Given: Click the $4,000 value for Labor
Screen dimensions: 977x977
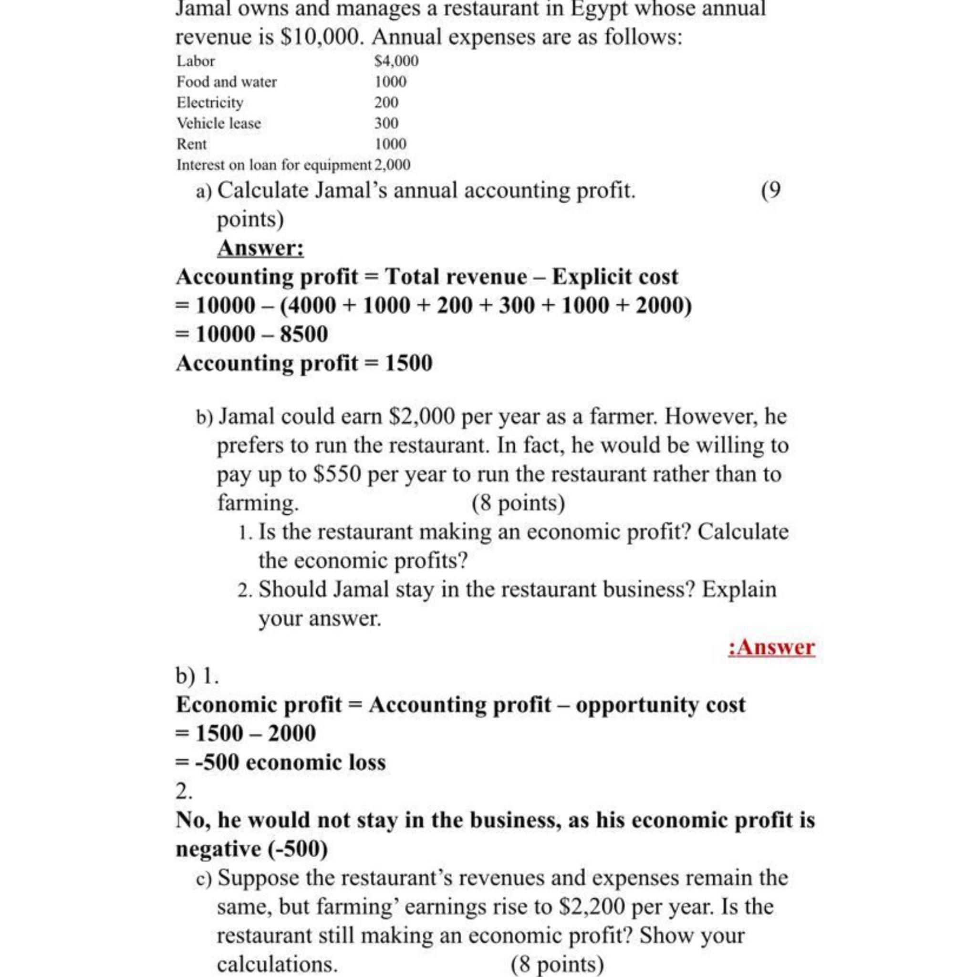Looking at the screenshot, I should [396, 61].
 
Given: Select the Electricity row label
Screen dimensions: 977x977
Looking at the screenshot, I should [209, 103].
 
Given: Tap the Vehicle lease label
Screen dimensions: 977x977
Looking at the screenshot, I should [218, 124].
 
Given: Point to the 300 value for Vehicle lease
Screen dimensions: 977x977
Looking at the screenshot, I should [386, 124].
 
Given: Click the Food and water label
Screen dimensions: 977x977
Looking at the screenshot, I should [226, 82].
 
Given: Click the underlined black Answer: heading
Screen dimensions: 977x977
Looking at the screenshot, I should [260, 248].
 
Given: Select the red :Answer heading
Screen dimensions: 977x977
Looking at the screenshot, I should [771, 647].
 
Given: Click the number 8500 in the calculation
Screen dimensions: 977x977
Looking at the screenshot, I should [303, 334].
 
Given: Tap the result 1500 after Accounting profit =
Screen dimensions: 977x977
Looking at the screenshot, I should [409, 363].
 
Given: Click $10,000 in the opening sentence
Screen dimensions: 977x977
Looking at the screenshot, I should [321, 37].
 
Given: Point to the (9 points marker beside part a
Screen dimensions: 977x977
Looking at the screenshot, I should [771, 191].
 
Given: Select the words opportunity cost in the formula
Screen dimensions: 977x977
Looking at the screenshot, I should [660, 705].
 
